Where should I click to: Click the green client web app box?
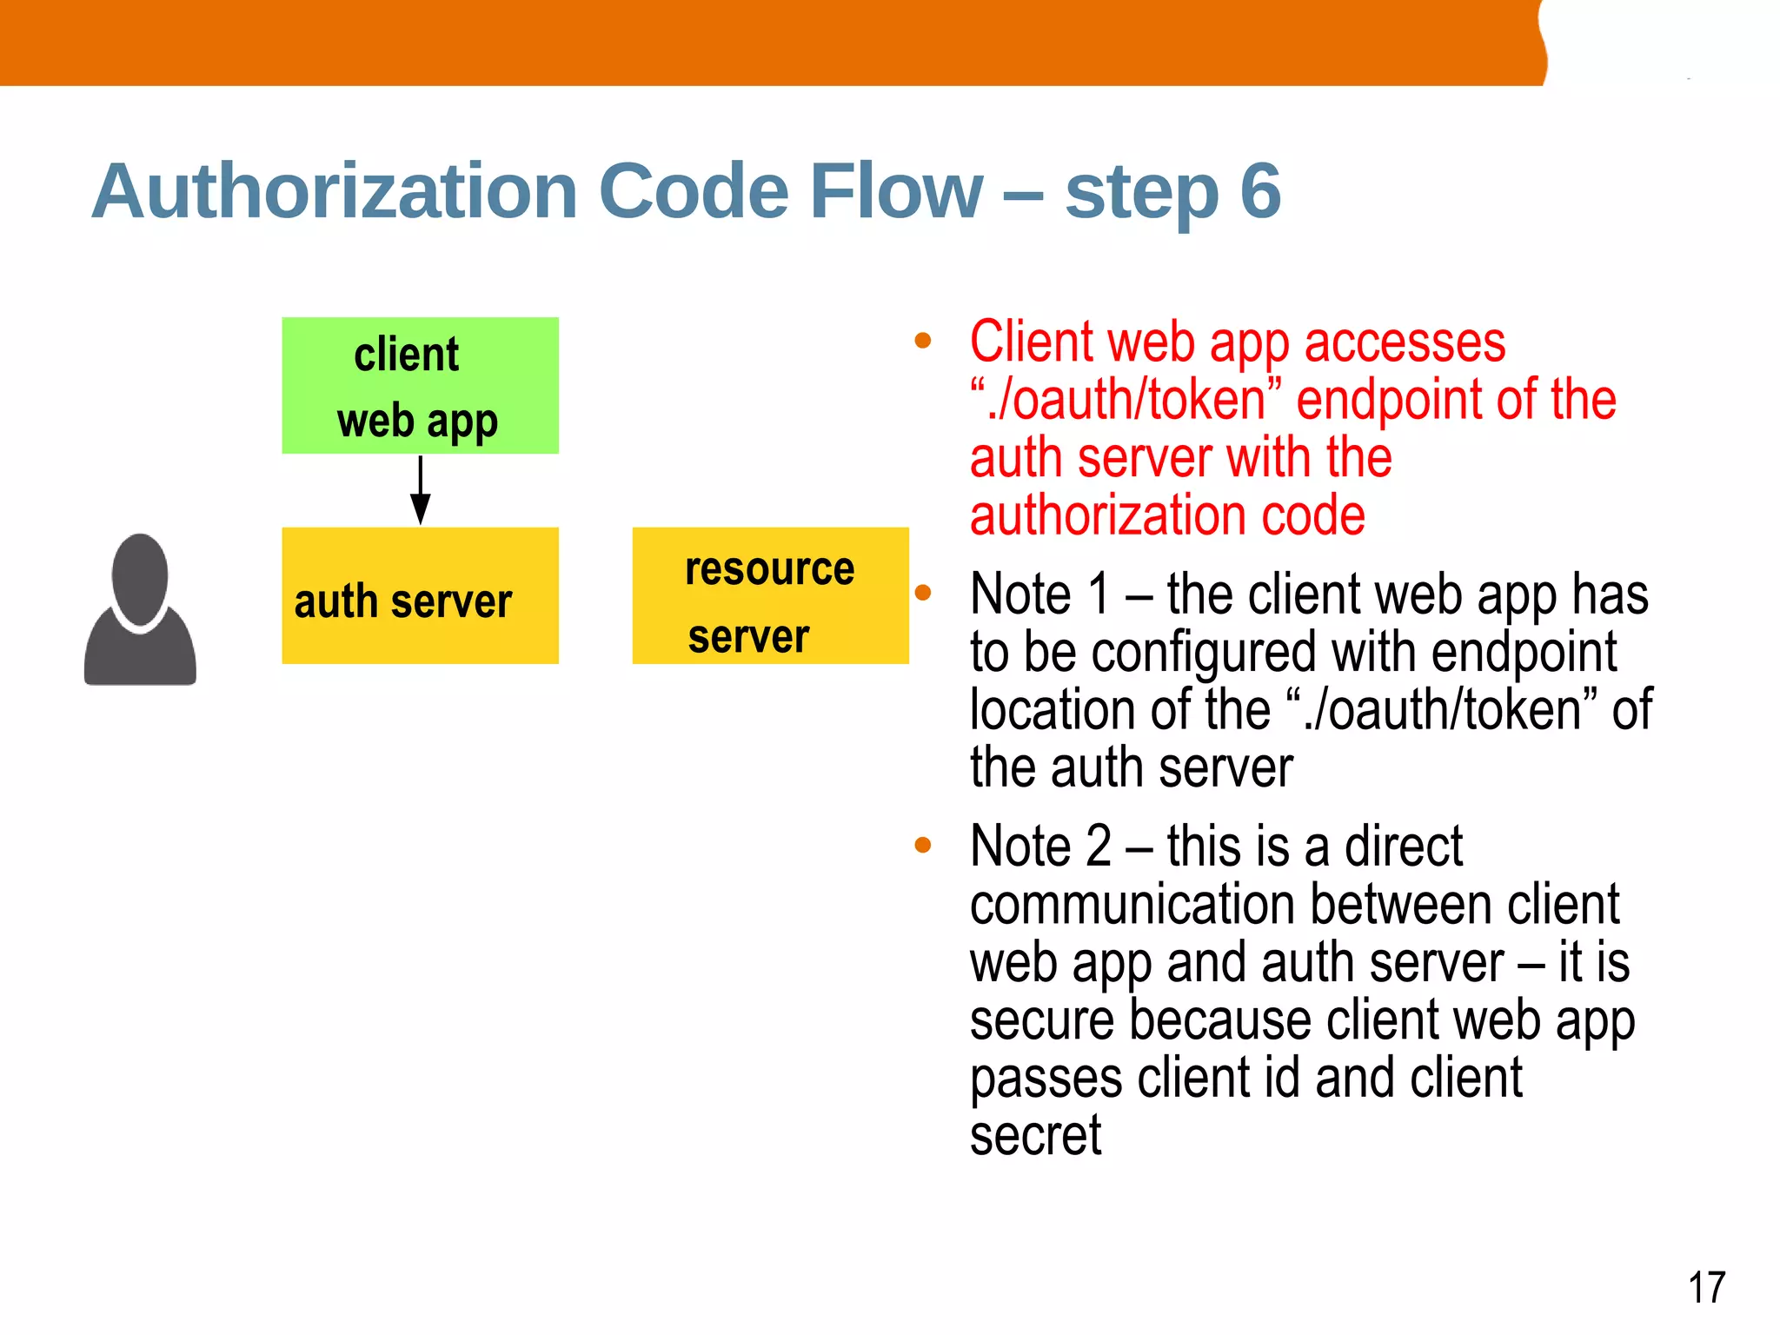(420, 385)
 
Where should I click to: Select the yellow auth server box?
(420, 596)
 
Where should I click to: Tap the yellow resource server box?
(770, 596)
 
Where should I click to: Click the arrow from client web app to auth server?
(421, 491)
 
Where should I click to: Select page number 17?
(1706, 1287)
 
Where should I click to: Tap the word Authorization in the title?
(335, 190)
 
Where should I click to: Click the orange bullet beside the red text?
(923, 341)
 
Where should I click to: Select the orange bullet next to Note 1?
(923, 593)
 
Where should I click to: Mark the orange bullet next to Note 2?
(923, 845)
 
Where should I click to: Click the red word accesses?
(1405, 342)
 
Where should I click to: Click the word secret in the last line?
(1035, 1135)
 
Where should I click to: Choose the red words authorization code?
(1167, 515)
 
